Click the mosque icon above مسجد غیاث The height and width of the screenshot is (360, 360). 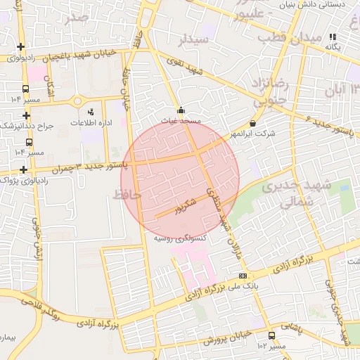coord(181,110)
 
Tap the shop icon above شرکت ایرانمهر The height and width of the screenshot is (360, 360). coord(252,124)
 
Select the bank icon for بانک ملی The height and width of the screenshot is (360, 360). coord(243,276)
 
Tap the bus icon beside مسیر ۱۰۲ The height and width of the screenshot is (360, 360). coord(271,336)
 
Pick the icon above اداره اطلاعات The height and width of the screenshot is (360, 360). coord(90,112)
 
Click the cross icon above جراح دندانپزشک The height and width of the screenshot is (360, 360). coord(26,115)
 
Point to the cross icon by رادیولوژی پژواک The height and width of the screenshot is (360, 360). coord(25,169)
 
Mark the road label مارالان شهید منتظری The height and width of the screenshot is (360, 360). coord(222,214)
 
